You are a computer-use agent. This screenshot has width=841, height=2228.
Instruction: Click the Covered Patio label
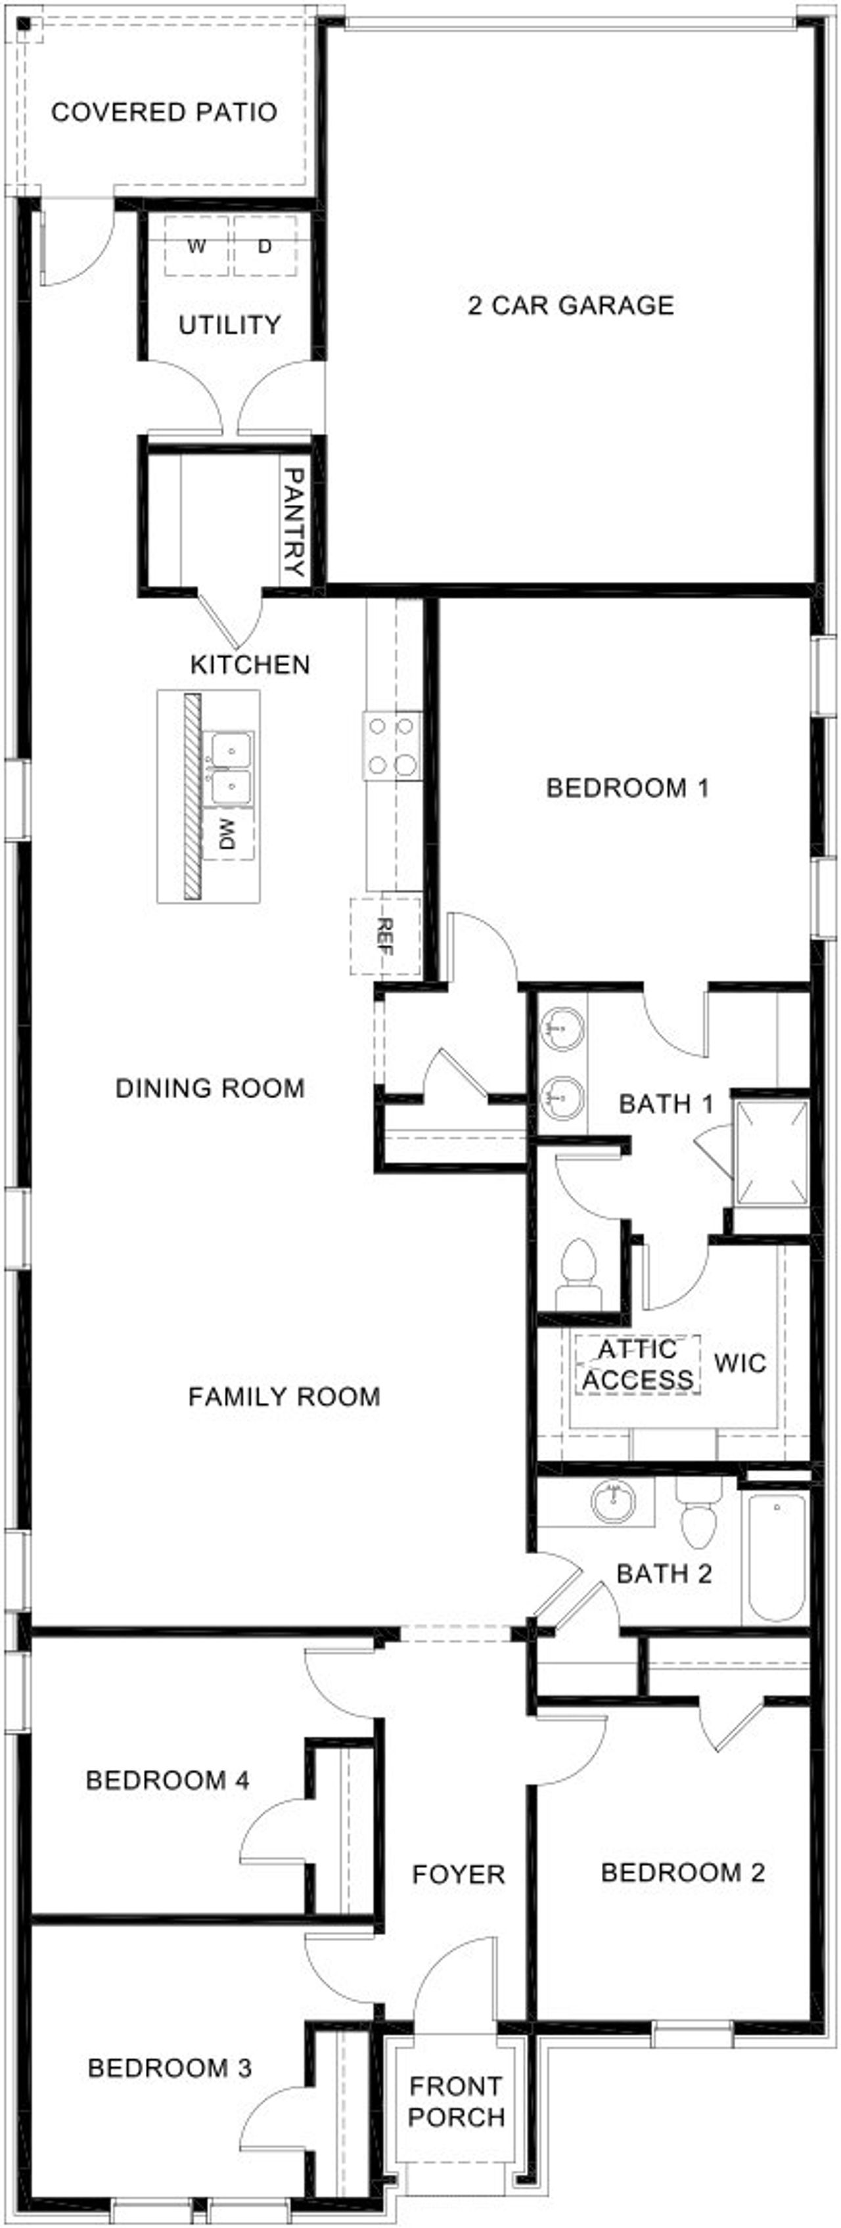tap(164, 112)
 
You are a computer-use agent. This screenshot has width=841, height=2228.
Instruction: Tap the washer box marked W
tap(196, 246)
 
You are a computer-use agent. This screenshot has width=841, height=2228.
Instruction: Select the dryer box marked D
tap(265, 246)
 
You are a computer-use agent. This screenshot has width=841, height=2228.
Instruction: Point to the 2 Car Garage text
tap(570, 305)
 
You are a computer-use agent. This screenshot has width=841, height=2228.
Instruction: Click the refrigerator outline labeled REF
tap(386, 937)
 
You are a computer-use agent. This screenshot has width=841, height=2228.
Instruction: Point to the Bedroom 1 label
tap(627, 788)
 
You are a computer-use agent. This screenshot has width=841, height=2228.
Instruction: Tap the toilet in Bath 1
tap(578, 1275)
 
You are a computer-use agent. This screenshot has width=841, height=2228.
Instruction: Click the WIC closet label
tap(740, 1364)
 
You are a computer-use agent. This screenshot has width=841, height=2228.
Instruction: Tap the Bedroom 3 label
tap(170, 2068)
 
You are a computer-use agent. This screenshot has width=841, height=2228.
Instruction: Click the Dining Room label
tap(210, 1088)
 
